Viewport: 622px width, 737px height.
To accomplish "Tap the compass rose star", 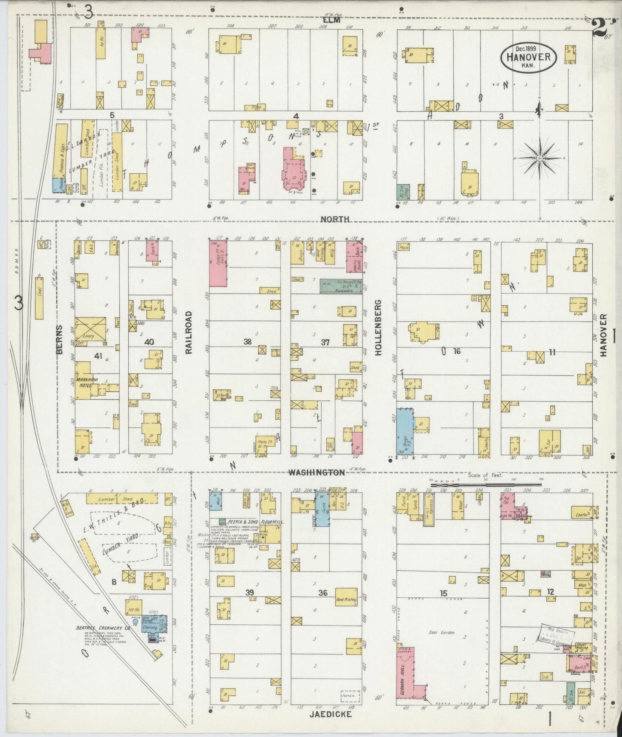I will pyautogui.click(x=540, y=159).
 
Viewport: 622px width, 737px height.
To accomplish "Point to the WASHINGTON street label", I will pyautogui.click(x=316, y=473).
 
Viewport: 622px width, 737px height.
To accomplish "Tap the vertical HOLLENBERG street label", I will pyautogui.click(x=379, y=333).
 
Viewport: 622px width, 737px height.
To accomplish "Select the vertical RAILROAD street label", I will pyautogui.click(x=188, y=333).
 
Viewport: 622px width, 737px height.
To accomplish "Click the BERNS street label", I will pyautogui.click(x=59, y=340).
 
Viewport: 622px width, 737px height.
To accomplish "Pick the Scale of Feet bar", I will pyautogui.click(x=486, y=484).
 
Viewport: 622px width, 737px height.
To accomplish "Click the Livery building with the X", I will pyautogui.click(x=91, y=329).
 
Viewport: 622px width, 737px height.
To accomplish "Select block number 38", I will pyautogui.click(x=247, y=342).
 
